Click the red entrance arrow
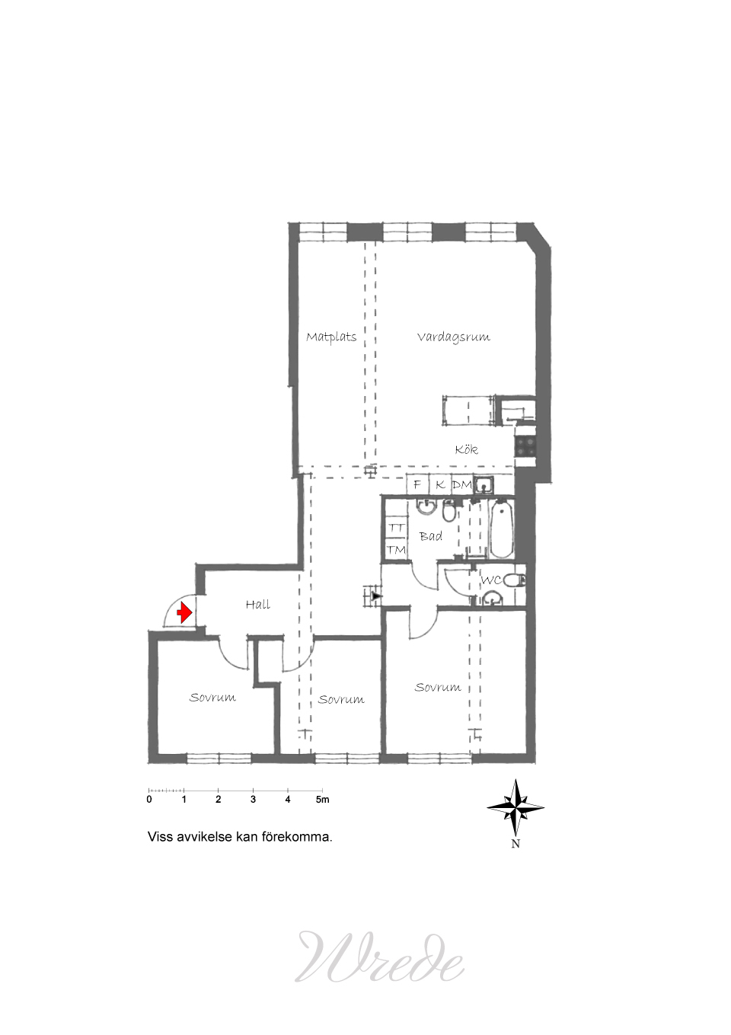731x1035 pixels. pyautogui.click(x=184, y=613)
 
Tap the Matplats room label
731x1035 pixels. pyautogui.click(x=331, y=337)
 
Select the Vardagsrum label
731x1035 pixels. pyautogui.click(x=453, y=337)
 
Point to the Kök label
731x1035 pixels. pyautogui.click(x=466, y=449)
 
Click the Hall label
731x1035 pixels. pyautogui.click(x=258, y=605)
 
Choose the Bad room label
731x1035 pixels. pyautogui.click(x=431, y=536)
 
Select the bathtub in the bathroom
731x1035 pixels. pyautogui.click(x=501, y=528)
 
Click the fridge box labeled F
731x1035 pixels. pyautogui.click(x=417, y=484)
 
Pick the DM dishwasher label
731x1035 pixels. pyautogui.click(x=462, y=484)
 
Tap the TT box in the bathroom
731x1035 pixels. pyautogui.click(x=396, y=528)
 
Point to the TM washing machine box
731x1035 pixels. pyautogui.click(x=396, y=550)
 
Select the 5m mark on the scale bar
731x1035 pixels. pyautogui.click(x=323, y=800)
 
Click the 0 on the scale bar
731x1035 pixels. pyautogui.click(x=149, y=800)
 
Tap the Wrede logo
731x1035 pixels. pyautogui.click(x=379, y=957)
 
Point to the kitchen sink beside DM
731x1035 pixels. pyautogui.click(x=484, y=484)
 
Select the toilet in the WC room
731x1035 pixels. pyautogui.click(x=516, y=580)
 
